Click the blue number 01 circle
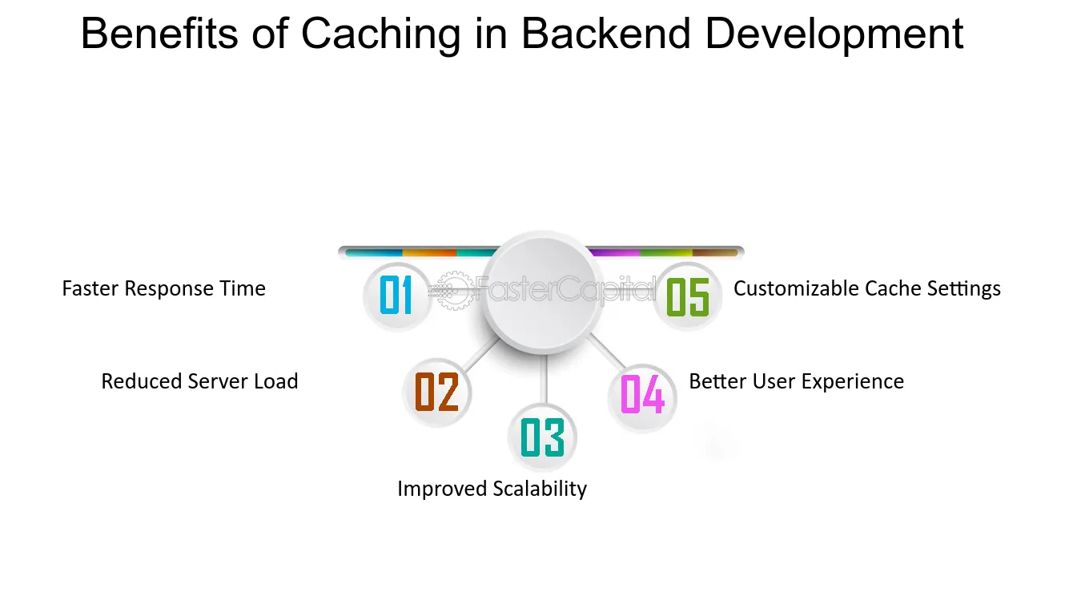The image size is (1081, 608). tap(396, 296)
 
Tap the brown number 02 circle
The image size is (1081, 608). tap(436, 393)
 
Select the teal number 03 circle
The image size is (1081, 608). tap(542, 437)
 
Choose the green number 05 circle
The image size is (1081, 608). tap(688, 296)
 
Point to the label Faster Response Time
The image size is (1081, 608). tap(163, 288)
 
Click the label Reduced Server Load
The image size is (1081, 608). tap(199, 381)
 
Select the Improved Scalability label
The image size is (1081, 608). tap(492, 489)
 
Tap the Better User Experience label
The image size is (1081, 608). tap(796, 381)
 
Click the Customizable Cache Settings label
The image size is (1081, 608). tap(866, 288)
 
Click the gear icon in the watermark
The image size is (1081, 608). tap(453, 289)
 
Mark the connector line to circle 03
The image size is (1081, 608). tap(545, 380)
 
